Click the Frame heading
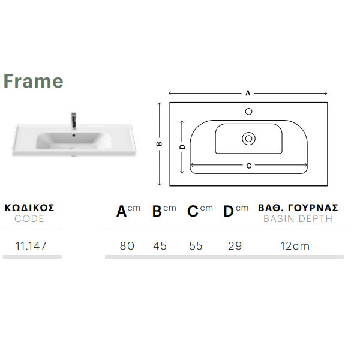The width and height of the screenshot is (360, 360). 33,81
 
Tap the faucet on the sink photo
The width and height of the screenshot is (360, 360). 74,121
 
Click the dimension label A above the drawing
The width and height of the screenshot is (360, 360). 248,93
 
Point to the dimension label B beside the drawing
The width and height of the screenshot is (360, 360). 160,144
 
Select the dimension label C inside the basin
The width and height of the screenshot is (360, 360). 248,166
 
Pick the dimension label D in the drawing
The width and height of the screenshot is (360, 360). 182,147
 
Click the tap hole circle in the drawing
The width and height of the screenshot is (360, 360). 248,112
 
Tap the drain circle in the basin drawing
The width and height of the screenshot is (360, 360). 248,139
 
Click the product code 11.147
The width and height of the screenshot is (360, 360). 31,246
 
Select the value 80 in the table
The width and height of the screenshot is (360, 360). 127,246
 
